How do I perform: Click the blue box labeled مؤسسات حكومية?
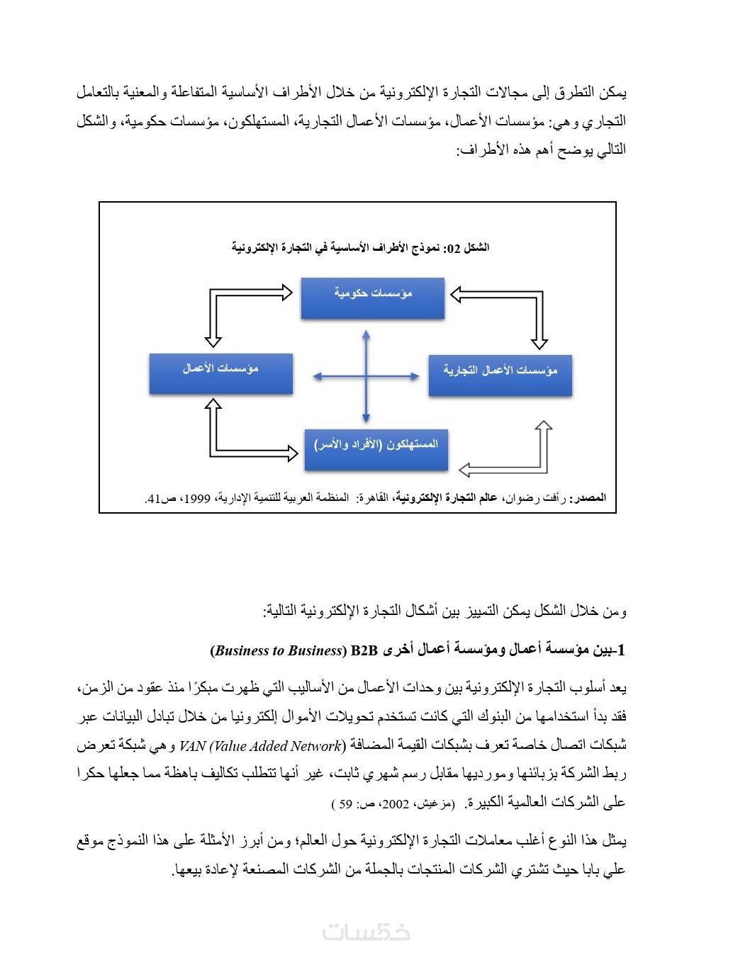[372, 298]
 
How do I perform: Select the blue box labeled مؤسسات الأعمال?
[220, 373]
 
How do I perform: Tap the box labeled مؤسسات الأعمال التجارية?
[500, 375]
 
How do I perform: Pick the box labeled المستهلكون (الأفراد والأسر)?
[376, 449]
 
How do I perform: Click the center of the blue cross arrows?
[366, 376]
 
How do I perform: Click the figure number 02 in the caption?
[453, 249]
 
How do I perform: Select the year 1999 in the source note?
[197, 499]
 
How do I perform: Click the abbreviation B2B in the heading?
[364, 650]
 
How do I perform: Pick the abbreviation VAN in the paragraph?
[192, 746]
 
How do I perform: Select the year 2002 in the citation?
[396, 804]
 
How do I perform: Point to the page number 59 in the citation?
[346, 804]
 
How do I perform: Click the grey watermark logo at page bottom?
[366, 932]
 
